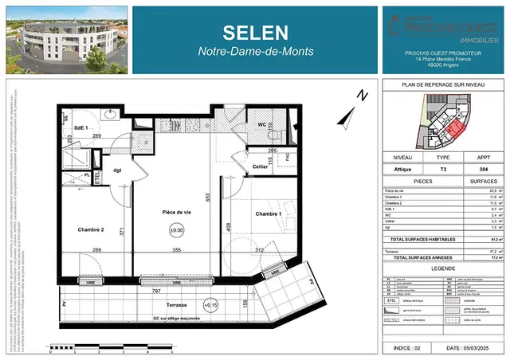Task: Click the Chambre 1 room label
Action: [269, 214]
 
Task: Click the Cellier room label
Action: [260, 166]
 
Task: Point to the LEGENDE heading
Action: [444, 270]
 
